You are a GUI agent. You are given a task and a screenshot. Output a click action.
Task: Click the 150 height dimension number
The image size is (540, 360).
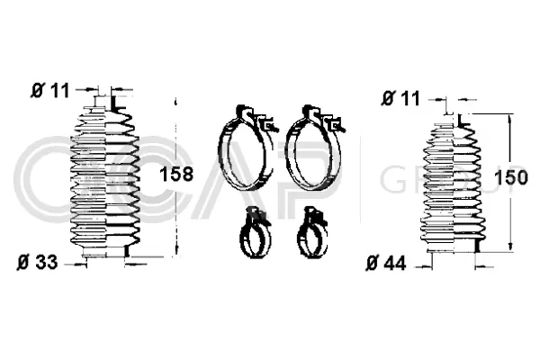coord(510,177)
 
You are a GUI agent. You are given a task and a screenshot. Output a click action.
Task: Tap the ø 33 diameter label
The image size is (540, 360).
coord(37,263)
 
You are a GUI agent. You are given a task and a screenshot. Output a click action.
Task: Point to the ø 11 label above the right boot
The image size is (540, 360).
coord(400,96)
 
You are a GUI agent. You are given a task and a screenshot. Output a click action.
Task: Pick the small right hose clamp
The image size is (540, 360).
coord(312,237)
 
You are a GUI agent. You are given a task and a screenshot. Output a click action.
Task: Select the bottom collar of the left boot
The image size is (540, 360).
coord(103,256)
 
